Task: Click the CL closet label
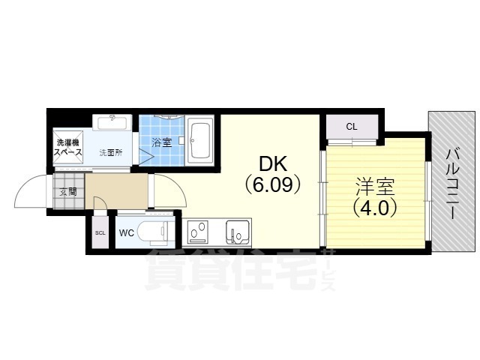351,126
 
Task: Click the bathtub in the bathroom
200,139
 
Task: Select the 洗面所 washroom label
110,152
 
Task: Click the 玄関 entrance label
68,192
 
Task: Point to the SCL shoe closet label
100,232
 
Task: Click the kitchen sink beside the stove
237,232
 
